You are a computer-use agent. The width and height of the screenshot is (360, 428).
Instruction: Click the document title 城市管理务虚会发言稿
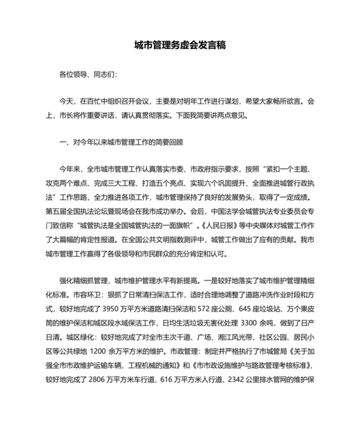tap(179, 46)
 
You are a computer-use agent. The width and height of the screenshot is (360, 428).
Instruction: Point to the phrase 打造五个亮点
tap(176, 182)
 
